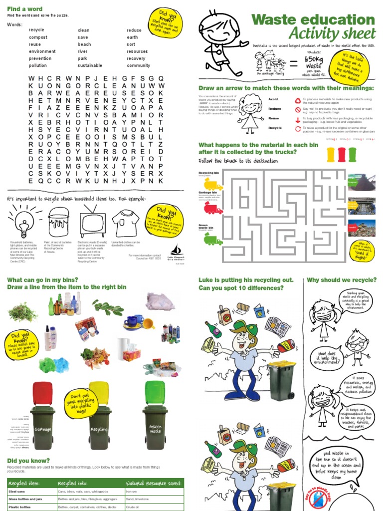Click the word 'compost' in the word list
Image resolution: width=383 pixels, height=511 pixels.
(x=38, y=37)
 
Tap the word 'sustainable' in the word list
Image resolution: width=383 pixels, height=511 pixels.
(x=90, y=65)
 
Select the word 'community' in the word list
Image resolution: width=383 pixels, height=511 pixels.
(x=138, y=65)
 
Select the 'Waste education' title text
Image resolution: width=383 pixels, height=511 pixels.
(x=313, y=20)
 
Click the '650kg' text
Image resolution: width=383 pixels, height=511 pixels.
(x=314, y=58)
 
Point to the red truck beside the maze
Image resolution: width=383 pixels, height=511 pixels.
(x=213, y=209)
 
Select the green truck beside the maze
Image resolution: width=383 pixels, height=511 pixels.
(x=213, y=241)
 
